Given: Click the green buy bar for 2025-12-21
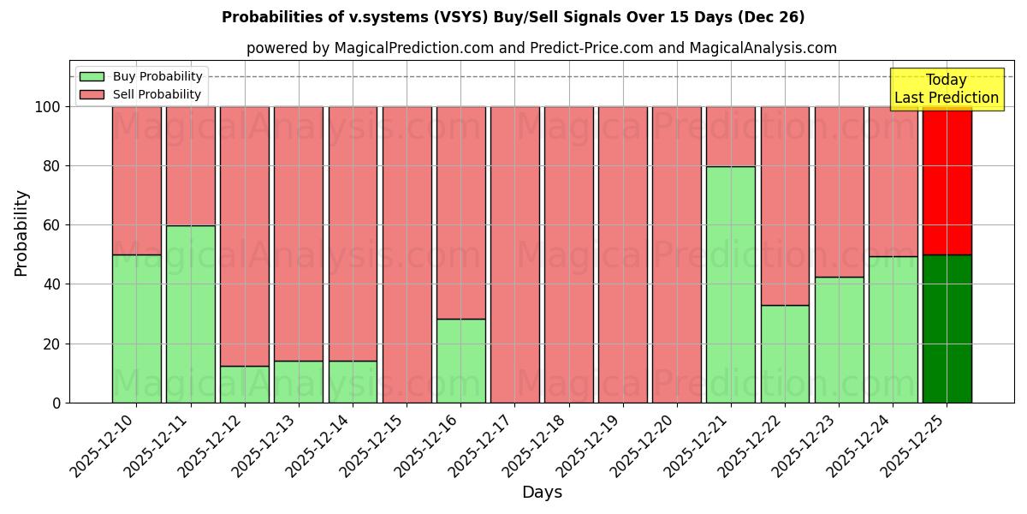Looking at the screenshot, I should (731, 284).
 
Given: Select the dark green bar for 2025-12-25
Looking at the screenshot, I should (947, 329).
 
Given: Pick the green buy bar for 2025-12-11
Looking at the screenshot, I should (190, 314).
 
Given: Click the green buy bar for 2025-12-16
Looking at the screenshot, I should (460, 361).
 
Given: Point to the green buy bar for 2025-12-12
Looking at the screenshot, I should (245, 384).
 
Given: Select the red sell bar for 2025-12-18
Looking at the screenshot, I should (568, 254).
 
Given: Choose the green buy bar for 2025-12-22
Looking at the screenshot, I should (785, 354).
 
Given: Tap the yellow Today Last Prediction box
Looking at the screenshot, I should (946, 89).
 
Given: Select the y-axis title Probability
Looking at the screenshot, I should (21, 233).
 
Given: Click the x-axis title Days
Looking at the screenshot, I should (542, 493).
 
